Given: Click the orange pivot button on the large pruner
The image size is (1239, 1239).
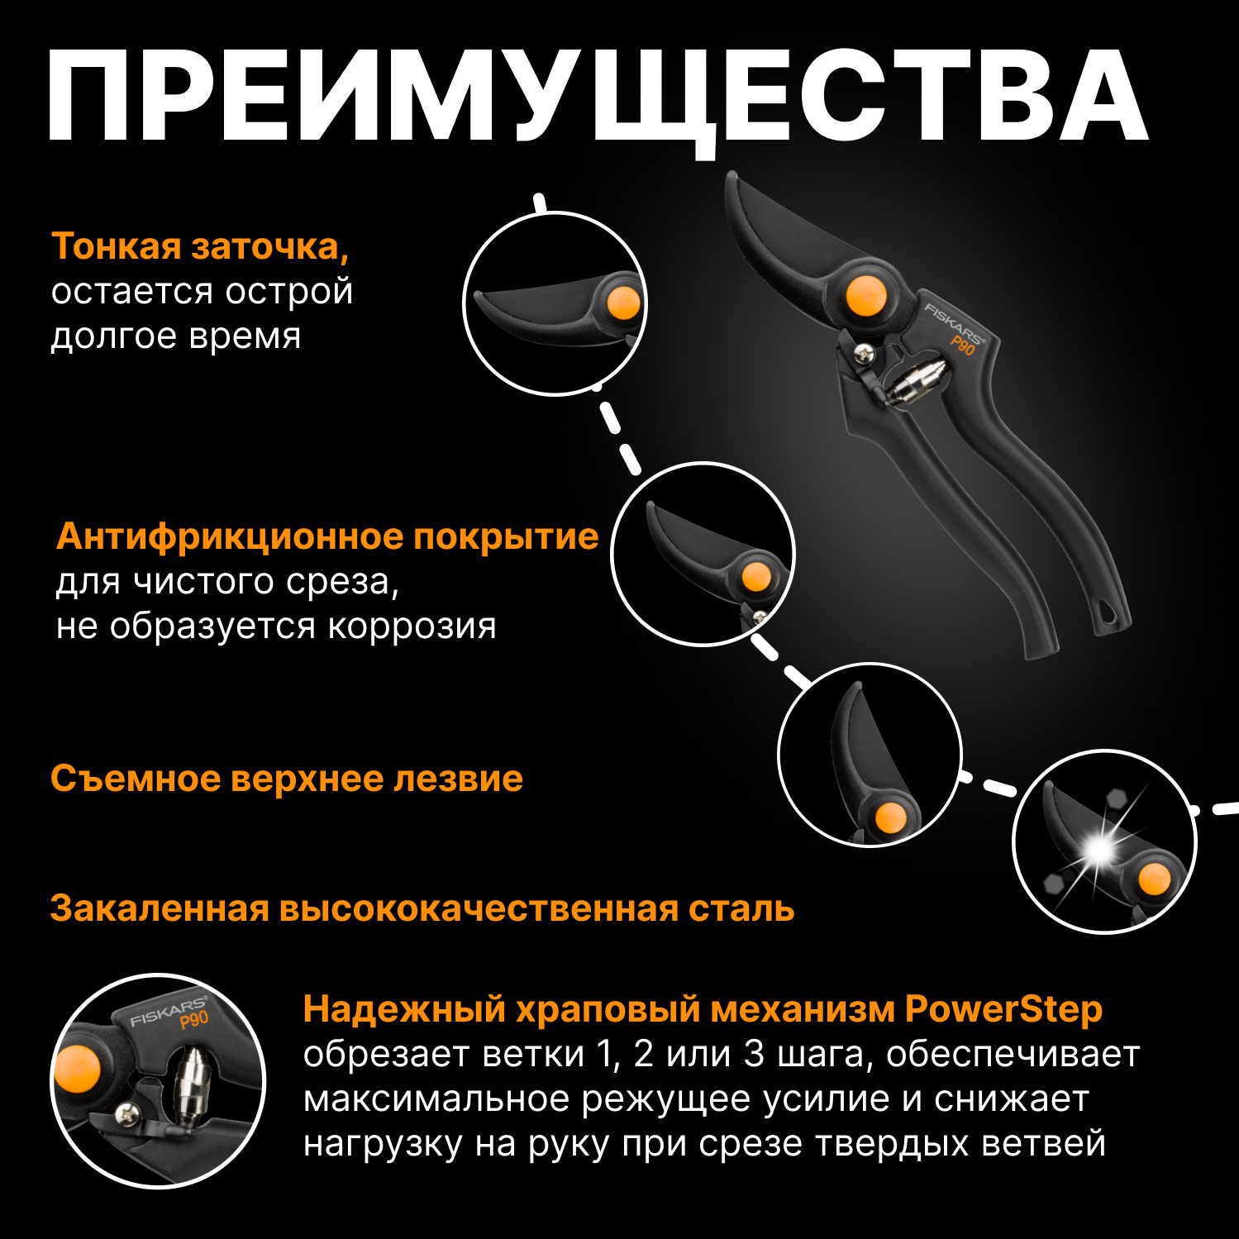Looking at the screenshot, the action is coord(865,296).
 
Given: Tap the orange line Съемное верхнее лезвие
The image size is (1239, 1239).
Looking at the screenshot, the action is coord(286,779).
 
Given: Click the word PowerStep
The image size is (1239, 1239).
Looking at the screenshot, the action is coord(1003,1009).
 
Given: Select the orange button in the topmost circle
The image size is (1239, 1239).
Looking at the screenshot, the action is coord(624,303).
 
